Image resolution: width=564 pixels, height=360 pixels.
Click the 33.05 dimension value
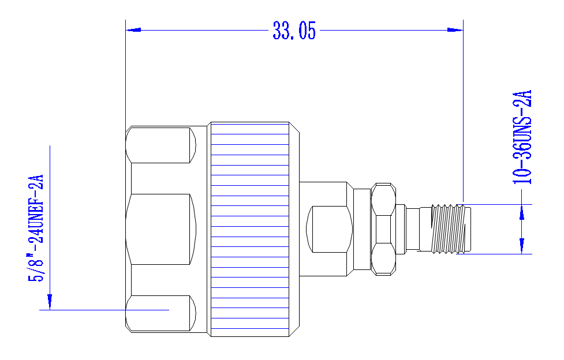tap(294, 30)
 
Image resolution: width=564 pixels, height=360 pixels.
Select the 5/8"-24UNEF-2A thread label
tap(36, 228)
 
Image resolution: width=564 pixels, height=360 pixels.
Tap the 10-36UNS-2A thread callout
tap(522, 137)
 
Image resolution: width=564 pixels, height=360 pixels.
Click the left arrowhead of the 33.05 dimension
tap(133, 30)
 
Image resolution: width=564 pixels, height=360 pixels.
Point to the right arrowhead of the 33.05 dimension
tap(455, 30)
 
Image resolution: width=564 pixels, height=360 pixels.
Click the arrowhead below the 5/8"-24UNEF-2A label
tap(50, 302)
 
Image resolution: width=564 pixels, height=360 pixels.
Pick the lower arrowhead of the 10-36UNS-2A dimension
tap(522, 246)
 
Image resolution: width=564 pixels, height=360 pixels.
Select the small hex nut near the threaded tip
tap(383, 229)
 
